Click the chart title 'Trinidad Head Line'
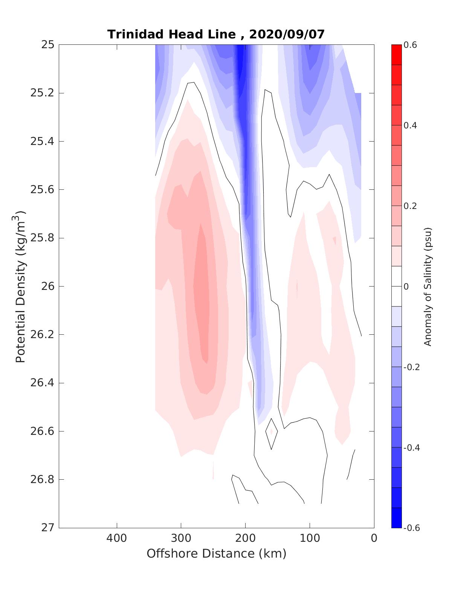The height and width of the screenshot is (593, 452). (171, 34)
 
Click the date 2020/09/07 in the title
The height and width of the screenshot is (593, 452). (287, 34)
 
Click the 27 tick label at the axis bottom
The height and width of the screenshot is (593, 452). (47, 527)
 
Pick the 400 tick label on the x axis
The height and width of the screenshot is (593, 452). (117, 538)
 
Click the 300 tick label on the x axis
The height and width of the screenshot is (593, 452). (181, 538)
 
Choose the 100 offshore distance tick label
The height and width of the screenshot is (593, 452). (310, 538)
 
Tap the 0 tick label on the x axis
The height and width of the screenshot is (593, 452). (374, 538)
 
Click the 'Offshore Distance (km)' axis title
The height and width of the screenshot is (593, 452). (217, 553)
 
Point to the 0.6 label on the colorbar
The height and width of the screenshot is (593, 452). (411, 45)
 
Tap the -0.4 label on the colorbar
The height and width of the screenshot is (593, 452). (412, 447)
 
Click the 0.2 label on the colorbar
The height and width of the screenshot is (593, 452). (411, 206)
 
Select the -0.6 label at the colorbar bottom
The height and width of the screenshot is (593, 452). (412, 527)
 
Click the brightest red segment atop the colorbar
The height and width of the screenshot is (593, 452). (396, 55)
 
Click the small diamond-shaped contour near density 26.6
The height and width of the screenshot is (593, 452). (272, 433)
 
